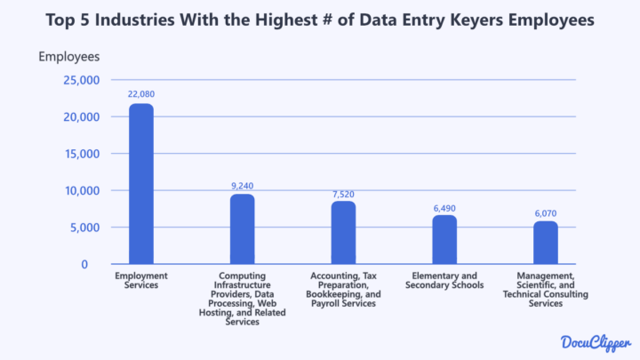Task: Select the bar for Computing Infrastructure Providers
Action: [242, 228]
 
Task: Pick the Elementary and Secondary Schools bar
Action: [444, 239]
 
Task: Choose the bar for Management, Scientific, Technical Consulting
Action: [546, 242]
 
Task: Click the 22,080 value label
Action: [140, 93]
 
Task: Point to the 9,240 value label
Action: [242, 185]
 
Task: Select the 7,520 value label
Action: [343, 192]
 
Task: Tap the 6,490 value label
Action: [444, 208]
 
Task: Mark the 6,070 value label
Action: [546, 214]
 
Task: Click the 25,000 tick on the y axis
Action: [81, 80]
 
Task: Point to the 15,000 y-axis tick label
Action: [81, 154]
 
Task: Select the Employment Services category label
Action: [140, 281]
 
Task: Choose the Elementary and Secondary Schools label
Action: [444, 281]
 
